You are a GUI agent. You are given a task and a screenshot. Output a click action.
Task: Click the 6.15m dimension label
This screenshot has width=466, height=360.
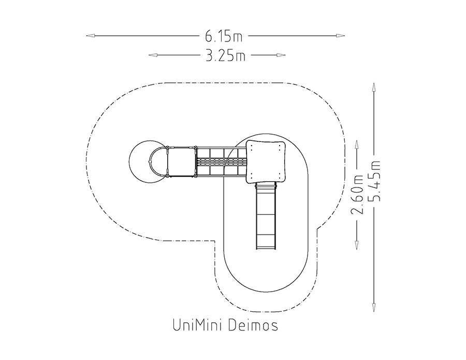[224, 36]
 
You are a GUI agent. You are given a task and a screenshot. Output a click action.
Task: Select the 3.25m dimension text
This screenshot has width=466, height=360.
[226, 55]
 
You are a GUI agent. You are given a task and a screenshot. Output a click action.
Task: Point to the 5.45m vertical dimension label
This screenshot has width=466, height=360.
[374, 181]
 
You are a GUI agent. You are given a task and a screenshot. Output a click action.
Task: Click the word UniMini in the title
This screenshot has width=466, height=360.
[197, 325]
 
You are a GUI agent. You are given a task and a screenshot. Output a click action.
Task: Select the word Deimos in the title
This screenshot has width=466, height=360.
[254, 325]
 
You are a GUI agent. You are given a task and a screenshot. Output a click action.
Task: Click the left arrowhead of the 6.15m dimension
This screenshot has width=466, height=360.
[90, 36]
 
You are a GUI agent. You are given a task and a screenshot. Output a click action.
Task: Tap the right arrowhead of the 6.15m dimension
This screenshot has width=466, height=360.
[341, 36]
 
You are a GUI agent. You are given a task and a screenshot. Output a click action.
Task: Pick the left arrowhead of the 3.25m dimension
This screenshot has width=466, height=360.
[153, 55]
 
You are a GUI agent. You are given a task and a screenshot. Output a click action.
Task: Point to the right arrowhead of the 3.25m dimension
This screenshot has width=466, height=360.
[281, 55]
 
